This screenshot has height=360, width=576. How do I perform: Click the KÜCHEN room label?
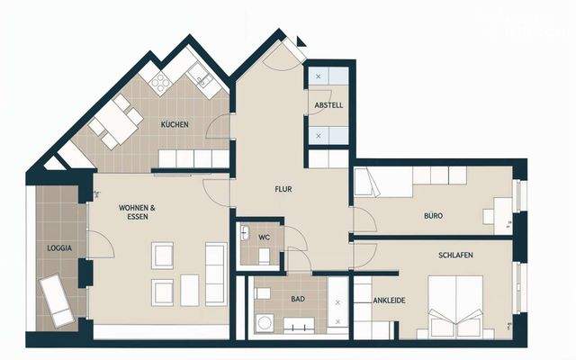pyautogui.click(x=175, y=124)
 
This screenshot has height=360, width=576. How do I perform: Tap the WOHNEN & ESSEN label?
pyautogui.click(x=138, y=212)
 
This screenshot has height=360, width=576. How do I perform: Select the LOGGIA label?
pyautogui.click(x=59, y=247)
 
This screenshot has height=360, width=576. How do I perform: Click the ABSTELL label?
pyautogui.click(x=328, y=106)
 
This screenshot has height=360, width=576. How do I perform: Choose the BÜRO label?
pyautogui.click(x=434, y=216)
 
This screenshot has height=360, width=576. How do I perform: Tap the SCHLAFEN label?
pyautogui.click(x=455, y=256)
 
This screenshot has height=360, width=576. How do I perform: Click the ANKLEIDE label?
pyautogui.click(x=388, y=316)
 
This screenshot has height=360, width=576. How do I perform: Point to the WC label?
pyautogui.click(x=265, y=238)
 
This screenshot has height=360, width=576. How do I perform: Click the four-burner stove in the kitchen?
pyautogui.click(x=163, y=84)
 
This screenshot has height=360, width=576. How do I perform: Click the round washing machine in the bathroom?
pyautogui.click(x=265, y=323)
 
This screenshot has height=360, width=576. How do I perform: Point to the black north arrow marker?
pyautogui.click(x=301, y=40)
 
